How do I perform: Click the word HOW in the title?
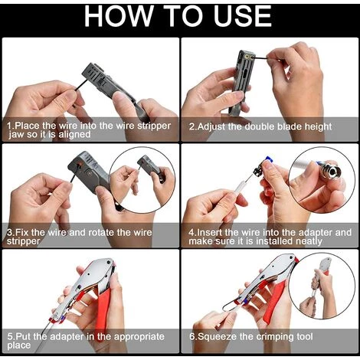point(119,16)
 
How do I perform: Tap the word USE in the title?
point(242,16)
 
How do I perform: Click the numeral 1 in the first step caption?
point(10,126)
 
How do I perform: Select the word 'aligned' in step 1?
point(74,135)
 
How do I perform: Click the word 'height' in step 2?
point(318,127)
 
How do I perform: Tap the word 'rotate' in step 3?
point(101,233)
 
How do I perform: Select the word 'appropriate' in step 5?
point(139,337)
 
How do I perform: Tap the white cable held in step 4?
point(235,190)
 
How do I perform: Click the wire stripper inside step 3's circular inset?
point(151,167)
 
